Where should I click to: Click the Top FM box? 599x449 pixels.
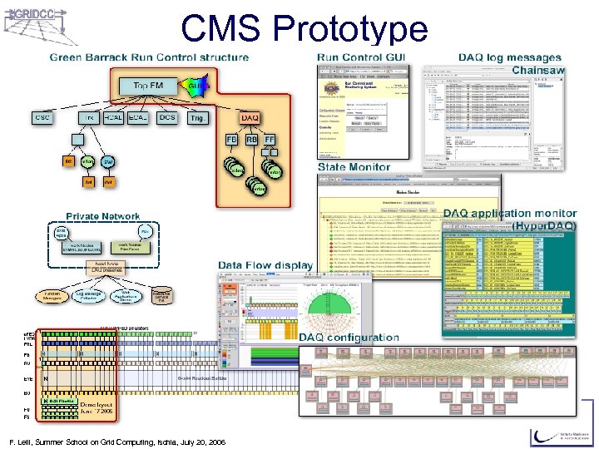click(x=150, y=86)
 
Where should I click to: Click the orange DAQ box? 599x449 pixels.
click(x=250, y=120)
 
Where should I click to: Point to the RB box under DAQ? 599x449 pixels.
click(x=252, y=140)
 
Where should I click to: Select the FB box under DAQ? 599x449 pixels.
click(x=231, y=140)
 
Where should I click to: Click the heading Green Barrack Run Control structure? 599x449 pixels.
click(x=149, y=57)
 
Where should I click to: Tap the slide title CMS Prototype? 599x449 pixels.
click(x=304, y=28)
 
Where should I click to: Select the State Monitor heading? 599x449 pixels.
click(x=354, y=167)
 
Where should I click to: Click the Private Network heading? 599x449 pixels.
click(x=103, y=216)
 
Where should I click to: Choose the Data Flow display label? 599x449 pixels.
click(x=265, y=265)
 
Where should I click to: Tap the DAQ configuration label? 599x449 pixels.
click(x=349, y=338)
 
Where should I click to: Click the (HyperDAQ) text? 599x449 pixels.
click(x=543, y=225)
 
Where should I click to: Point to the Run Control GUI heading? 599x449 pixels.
click(x=361, y=57)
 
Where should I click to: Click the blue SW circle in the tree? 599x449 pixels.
click(x=107, y=161)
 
